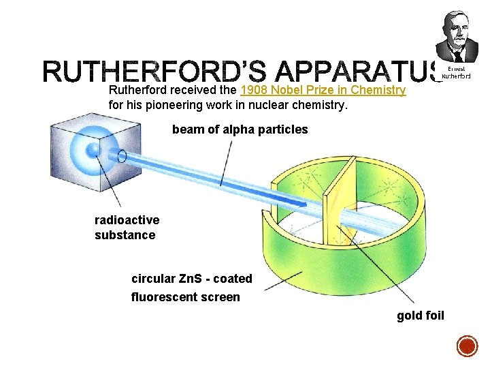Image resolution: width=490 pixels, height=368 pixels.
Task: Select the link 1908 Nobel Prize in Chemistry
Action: click(323, 90)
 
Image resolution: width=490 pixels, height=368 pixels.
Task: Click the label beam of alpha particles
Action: click(240, 129)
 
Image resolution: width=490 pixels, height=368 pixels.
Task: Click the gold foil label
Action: click(420, 316)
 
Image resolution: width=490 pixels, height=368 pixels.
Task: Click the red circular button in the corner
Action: click(467, 346)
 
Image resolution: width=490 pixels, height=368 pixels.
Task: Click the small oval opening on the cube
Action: click(122, 156)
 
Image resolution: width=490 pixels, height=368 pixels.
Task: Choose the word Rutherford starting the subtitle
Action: click(138, 90)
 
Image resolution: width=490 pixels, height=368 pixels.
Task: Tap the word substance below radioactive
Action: click(125, 235)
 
